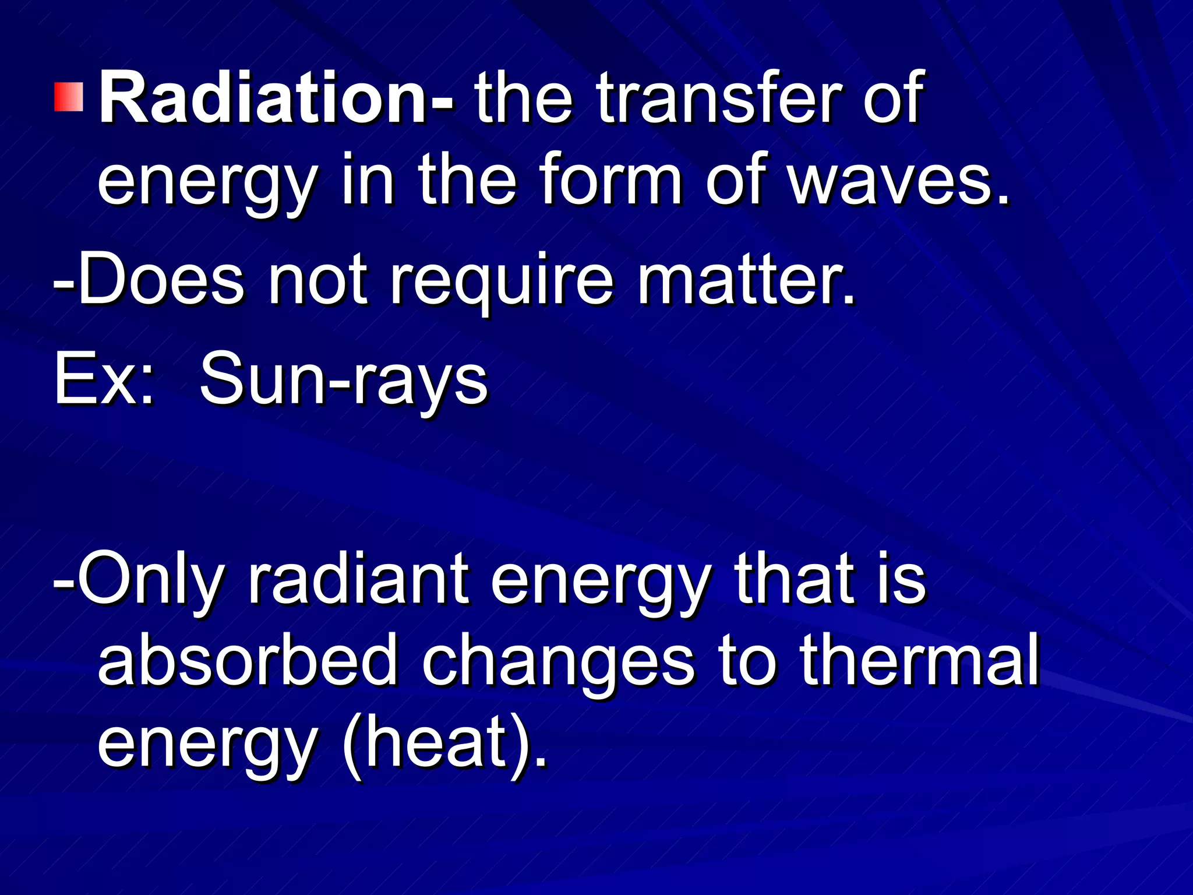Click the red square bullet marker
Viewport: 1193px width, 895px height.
coord(69,97)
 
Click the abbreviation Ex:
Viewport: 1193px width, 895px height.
coord(105,379)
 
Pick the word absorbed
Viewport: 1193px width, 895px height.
coord(248,661)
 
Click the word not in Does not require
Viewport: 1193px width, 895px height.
coord(317,279)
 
